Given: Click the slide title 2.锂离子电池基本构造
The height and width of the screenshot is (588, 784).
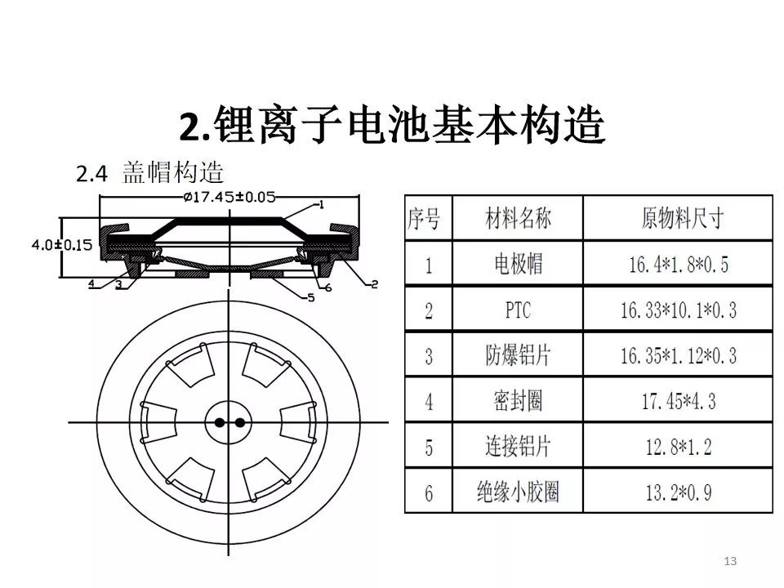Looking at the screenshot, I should click(391, 127).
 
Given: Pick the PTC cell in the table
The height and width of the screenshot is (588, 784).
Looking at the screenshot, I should click(518, 309).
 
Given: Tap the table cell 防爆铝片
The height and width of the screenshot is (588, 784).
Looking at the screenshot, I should click(518, 355).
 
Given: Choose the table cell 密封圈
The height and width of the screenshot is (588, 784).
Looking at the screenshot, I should click(518, 401).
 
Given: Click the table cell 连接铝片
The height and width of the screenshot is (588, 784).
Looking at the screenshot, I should click(518, 447).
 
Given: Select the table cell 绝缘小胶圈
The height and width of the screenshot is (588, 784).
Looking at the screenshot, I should click(518, 492).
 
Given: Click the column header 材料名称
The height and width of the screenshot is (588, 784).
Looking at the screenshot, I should click(518, 219).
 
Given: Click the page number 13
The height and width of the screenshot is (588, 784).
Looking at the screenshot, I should click(730, 560).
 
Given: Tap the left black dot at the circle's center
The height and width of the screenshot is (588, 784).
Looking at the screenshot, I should click(220, 422).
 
